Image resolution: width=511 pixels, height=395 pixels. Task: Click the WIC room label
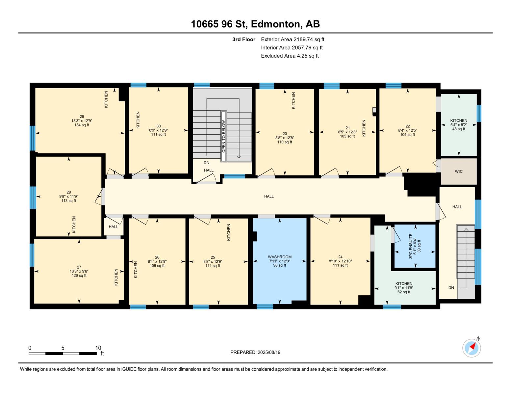tap(459, 171)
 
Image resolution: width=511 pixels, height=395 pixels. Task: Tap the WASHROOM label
tap(280, 257)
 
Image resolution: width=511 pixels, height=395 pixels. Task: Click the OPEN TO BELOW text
tap(224, 136)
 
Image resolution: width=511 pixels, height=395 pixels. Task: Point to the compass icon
tap(472, 348)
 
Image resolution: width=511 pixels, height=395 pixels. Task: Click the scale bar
tap(63, 354)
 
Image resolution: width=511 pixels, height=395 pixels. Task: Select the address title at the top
tap(255, 24)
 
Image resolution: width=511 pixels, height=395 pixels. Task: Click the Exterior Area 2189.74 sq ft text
tap(293, 39)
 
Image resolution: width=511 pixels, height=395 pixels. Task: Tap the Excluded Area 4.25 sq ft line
tap(290, 56)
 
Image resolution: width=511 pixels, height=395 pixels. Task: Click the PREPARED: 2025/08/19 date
tap(255, 352)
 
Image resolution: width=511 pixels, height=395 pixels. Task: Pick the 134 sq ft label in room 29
tap(82, 125)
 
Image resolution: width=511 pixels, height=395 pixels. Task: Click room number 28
tap(68, 192)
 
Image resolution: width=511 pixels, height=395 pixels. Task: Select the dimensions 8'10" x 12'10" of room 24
tap(340, 261)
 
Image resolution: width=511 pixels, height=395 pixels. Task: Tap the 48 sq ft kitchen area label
tap(459, 129)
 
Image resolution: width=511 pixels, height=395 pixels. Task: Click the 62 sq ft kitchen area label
tap(404, 292)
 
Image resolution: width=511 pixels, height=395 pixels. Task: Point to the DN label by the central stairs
tap(206, 163)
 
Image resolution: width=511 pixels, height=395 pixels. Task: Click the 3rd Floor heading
tap(244, 39)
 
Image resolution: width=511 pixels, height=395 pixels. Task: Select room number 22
tap(408, 126)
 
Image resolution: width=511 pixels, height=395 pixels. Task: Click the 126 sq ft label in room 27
tap(79, 276)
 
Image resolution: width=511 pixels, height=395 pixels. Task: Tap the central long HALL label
tap(269, 196)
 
